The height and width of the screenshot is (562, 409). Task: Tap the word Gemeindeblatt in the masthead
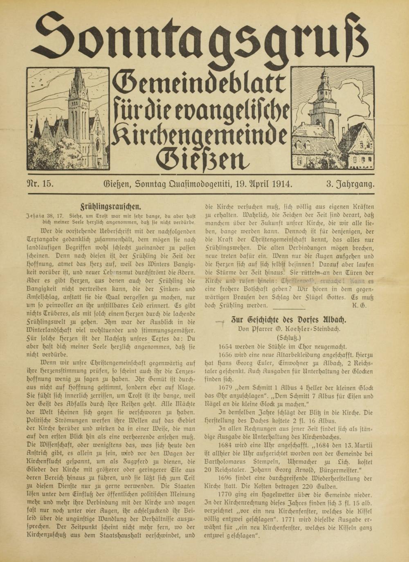pyautogui.click(x=199, y=83)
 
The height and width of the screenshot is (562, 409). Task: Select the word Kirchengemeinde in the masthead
pyautogui.click(x=199, y=133)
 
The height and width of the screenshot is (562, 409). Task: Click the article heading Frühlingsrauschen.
pyautogui.click(x=111, y=207)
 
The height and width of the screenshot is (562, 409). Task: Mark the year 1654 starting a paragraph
pyautogui.click(x=227, y=346)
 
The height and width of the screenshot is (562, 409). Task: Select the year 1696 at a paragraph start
pyautogui.click(x=227, y=478)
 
